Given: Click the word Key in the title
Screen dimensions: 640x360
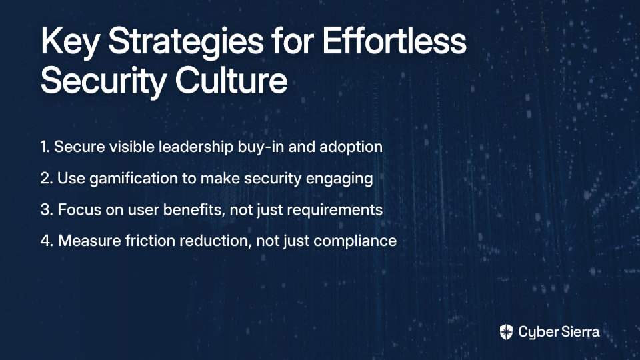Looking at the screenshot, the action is click(x=69, y=42).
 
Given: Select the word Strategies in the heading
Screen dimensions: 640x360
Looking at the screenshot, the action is click(x=186, y=42).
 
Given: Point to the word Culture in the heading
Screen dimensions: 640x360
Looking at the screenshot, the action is click(x=231, y=79).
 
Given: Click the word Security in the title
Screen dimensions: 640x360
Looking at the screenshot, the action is click(x=103, y=81).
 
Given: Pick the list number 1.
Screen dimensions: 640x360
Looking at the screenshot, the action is click(x=45, y=147).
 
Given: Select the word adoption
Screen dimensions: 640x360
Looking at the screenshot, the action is click(x=351, y=147).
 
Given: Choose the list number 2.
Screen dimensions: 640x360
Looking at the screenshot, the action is click(x=47, y=179).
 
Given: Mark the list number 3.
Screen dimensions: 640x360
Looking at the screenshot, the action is click(x=47, y=210).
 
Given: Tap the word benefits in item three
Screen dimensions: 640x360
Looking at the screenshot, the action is click(x=193, y=210).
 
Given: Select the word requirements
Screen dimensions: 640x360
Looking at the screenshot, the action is click(x=336, y=210).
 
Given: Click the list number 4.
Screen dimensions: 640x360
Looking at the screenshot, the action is click(x=47, y=241).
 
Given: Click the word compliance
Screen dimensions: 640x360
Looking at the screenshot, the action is click(x=355, y=241).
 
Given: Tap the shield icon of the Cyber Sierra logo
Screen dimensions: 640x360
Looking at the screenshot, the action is click(x=506, y=332).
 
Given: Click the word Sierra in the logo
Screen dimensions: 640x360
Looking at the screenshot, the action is click(x=579, y=331).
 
